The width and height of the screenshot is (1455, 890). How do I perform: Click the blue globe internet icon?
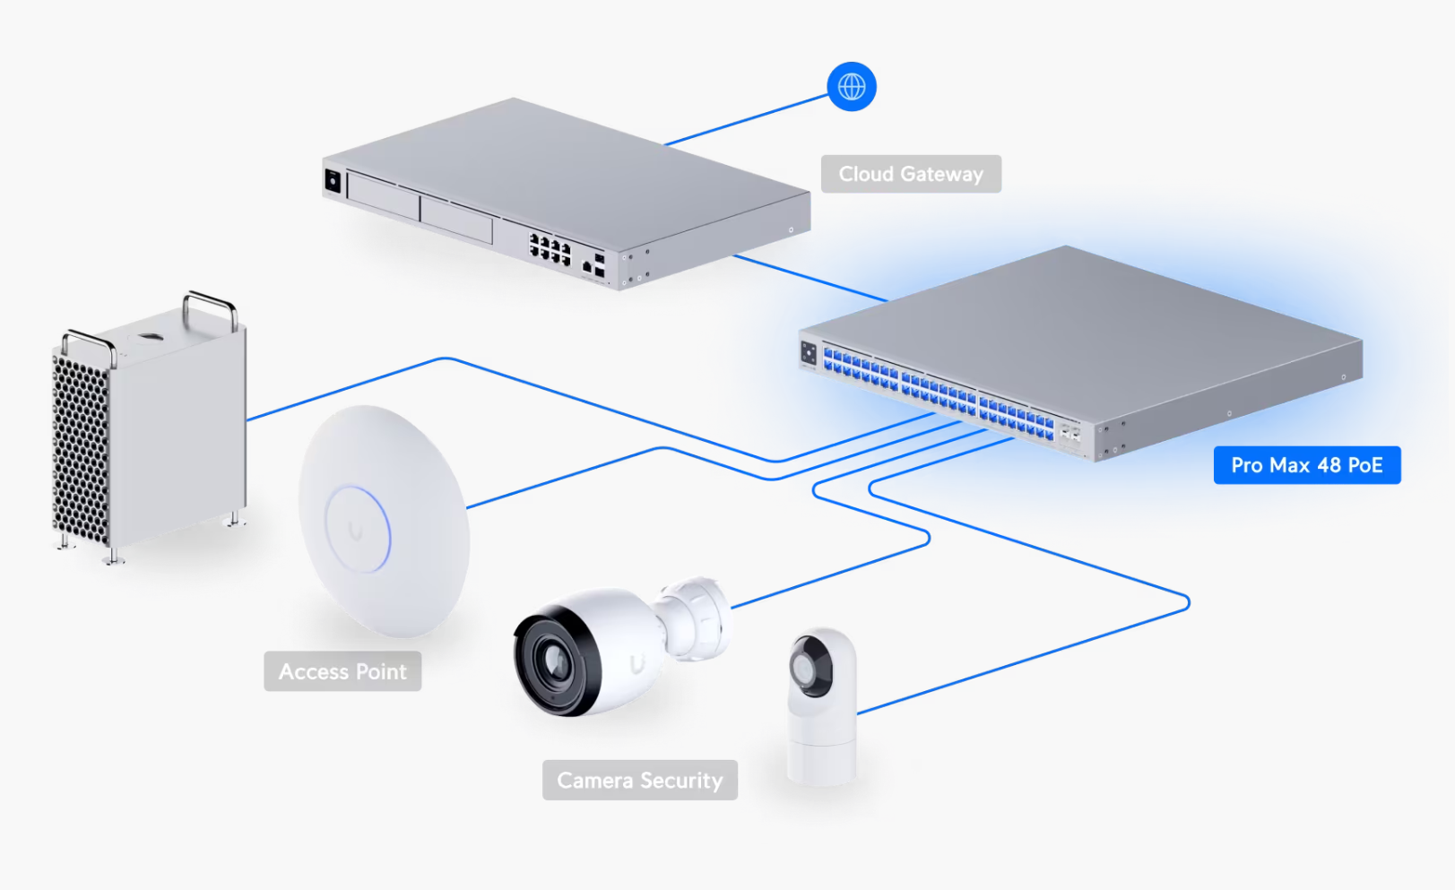click(851, 87)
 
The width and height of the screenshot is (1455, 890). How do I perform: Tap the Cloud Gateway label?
click(910, 174)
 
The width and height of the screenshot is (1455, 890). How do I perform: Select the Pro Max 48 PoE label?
click(1306, 465)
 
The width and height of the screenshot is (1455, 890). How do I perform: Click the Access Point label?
click(342, 671)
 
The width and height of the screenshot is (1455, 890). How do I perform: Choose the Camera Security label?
click(639, 781)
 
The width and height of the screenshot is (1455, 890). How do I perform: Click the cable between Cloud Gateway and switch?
click(810, 279)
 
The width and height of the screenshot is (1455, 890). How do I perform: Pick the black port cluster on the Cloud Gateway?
click(550, 248)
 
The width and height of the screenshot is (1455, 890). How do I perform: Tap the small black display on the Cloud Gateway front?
click(333, 181)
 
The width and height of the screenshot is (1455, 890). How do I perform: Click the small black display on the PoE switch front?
click(809, 353)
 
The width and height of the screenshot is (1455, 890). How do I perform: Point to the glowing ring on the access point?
click(358, 529)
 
